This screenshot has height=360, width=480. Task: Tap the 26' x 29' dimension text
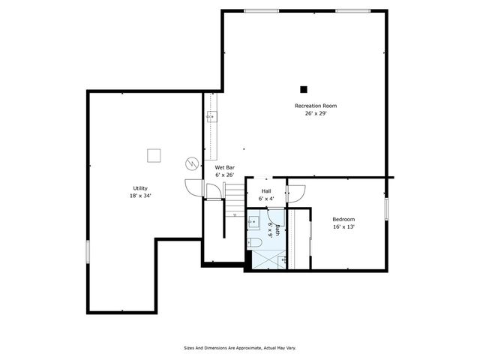[315, 114]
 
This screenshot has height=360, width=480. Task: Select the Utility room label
[139, 187]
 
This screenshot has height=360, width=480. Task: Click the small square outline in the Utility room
[154, 154]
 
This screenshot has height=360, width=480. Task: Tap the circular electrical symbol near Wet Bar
[191, 163]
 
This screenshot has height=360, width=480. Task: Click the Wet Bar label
[225, 167]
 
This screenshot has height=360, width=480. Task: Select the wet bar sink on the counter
[211, 117]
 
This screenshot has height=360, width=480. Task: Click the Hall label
[266, 191]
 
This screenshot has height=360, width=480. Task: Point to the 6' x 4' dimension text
[266, 199]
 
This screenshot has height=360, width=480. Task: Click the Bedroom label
[343, 219]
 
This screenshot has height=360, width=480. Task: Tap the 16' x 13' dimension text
[343, 226]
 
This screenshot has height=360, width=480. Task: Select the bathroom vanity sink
[253, 222]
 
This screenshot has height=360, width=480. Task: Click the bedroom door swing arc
[295, 193]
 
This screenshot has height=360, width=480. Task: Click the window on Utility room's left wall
[88, 251]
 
